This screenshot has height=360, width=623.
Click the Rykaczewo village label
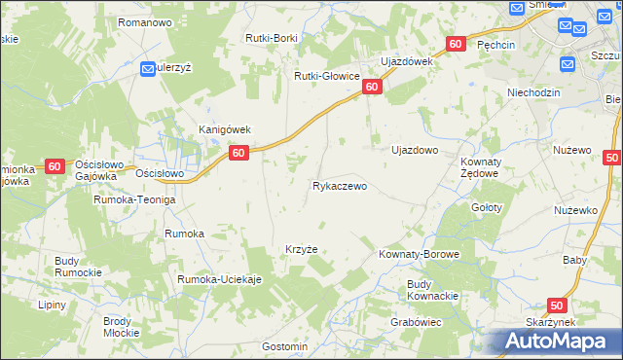point(339,186)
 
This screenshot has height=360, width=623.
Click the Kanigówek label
point(226,129)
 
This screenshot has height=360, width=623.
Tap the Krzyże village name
point(301,249)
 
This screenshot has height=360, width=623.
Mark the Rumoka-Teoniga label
point(133,199)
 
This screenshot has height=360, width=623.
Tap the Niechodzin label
point(535,92)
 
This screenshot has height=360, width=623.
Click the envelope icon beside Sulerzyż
point(149,69)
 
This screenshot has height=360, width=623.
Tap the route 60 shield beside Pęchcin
point(456,45)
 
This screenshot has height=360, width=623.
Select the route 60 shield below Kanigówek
point(239,153)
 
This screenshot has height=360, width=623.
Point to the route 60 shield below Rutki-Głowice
point(372,88)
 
